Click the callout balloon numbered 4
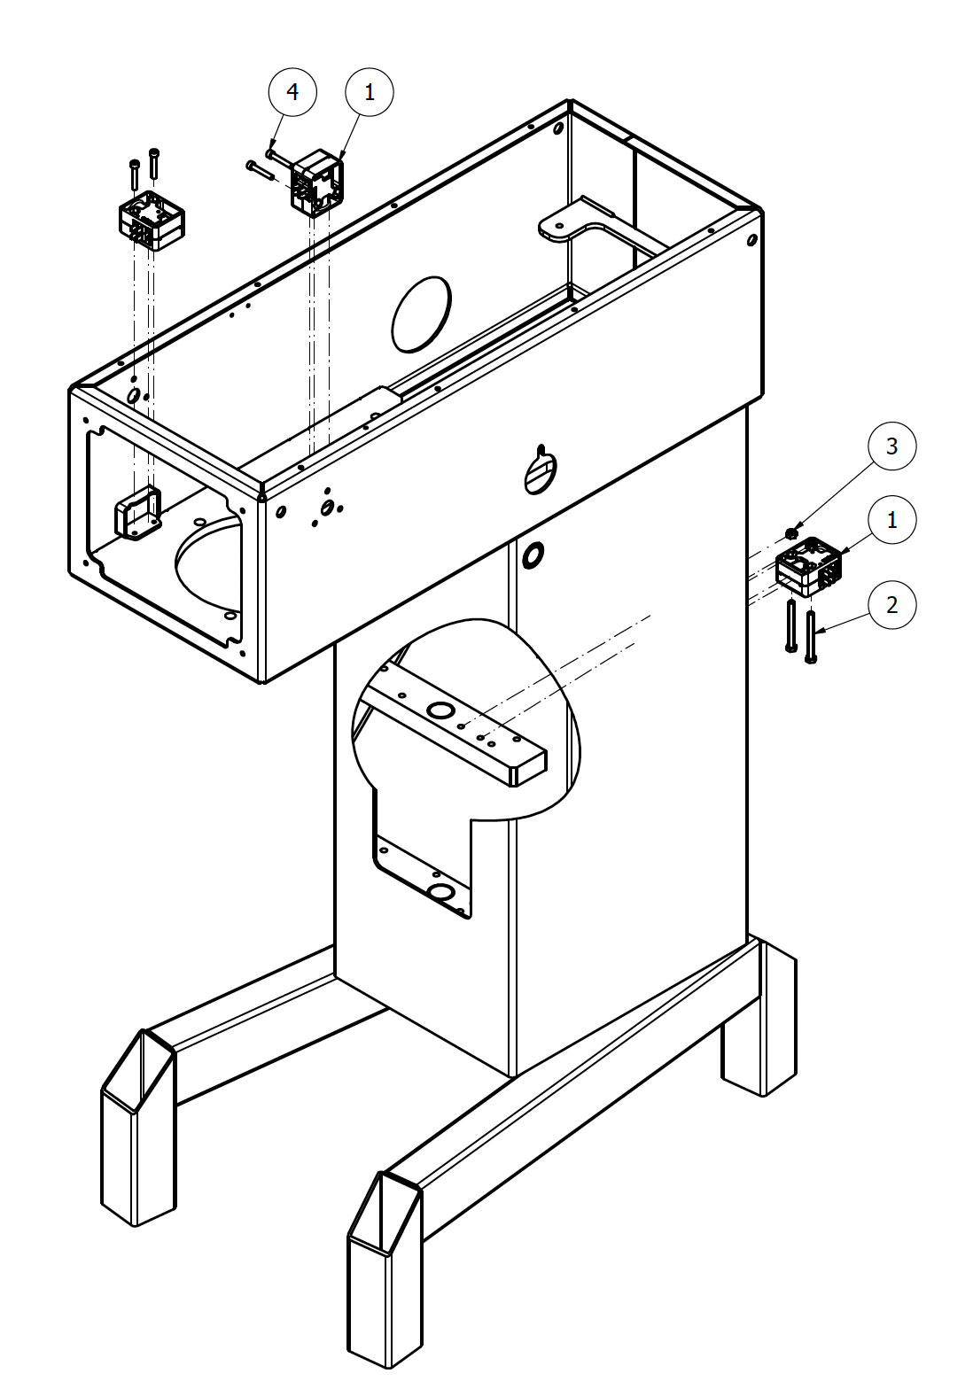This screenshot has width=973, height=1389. [x=292, y=91]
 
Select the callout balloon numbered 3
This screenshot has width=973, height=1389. [x=891, y=446]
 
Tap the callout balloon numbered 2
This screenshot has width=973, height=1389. [x=891, y=605]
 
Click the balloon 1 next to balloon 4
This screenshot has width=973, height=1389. [x=369, y=91]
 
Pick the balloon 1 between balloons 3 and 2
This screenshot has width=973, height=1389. [x=891, y=520]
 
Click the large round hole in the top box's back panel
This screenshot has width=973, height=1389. [x=421, y=314]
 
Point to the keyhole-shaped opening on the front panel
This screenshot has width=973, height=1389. [x=539, y=470]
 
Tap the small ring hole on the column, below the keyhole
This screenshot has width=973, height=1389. [x=533, y=556]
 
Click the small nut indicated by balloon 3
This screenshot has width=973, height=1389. [x=791, y=533]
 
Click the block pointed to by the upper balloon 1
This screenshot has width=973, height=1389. [x=316, y=184]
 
